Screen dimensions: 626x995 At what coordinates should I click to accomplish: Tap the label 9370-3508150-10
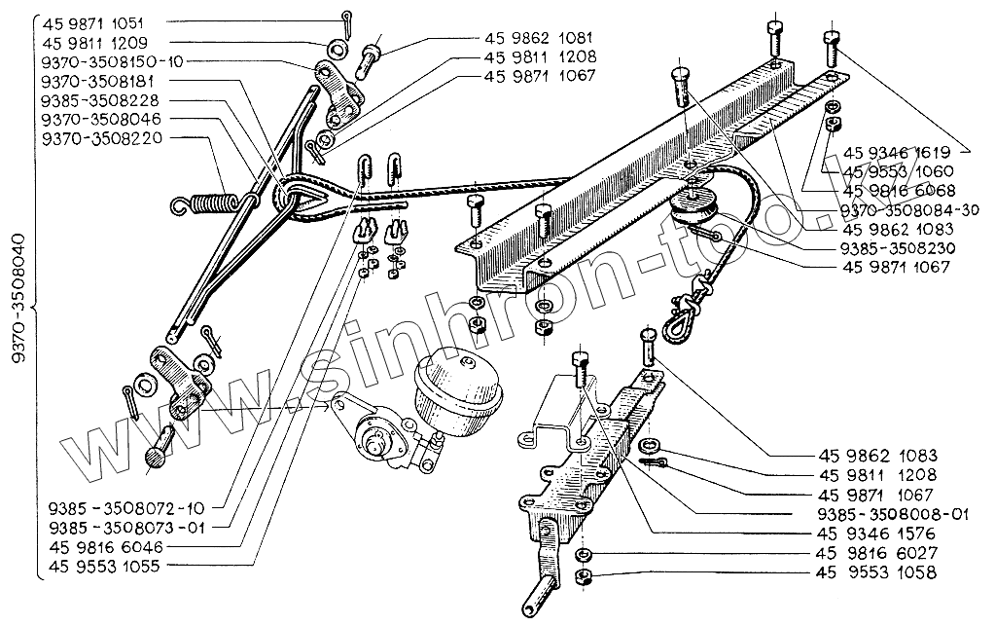tap(112, 61)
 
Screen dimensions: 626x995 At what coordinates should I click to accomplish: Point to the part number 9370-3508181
tap(101, 81)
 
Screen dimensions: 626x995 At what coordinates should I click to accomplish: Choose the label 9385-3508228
tap(101, 100)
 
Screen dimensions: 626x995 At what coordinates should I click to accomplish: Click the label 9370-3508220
tap(101, 138)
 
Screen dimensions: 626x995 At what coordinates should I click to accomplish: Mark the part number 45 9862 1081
tap(539, 38)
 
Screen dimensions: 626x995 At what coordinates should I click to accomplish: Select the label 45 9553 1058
tap(879, 573)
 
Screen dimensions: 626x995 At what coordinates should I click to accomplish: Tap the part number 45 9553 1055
tap(106, 566)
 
